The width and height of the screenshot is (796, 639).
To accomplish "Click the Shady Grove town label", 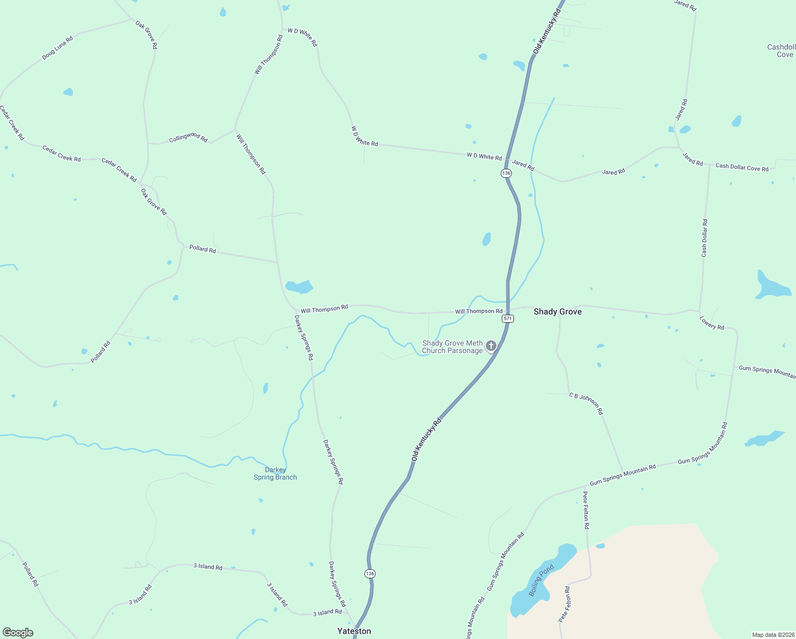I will click(x=557, y=312).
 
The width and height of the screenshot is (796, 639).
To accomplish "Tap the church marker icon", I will click(x=491, y=346).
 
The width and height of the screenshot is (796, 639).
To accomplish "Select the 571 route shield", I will click(x=508, y=318).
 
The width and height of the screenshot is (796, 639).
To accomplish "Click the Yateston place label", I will click(x=354, y=631).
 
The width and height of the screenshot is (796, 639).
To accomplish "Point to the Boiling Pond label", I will click(x=541, y=580).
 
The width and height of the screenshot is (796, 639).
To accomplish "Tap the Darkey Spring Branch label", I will click(x=275, y=473).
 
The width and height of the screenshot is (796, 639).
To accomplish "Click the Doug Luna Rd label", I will click(x=57, y=47).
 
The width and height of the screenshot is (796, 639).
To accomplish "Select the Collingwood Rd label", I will click(x=188, y=138).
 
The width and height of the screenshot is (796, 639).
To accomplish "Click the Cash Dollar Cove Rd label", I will click(x=742, y=167).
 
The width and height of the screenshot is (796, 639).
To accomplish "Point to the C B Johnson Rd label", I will click(x=586, y=404).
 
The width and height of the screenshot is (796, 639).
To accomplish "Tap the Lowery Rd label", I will click(x=711, y=323).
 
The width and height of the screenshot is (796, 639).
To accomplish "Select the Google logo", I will click(x=18, y=632).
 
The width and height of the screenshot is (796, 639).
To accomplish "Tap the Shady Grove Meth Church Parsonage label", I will click(x=452, y=347).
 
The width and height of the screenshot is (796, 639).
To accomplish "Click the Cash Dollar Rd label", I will click(x=704, y=238).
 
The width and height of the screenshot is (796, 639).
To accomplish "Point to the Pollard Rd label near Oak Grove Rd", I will click(x=203, y=249).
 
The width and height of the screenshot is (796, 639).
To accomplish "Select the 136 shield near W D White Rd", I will click(x=506, y=173).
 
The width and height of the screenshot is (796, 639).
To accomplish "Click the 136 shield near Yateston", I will click(x=370, y=574).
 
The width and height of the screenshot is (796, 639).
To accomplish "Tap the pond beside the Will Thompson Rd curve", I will click(x=299, y=287).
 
